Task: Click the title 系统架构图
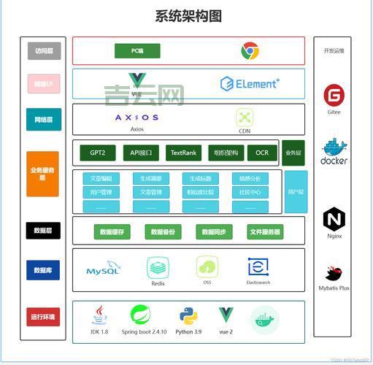[x=188, y=15]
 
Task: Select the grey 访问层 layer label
[x=42, y=51]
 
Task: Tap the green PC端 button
[x=136, y=51]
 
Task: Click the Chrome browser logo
[x=250, y=51]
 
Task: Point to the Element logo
[x=250, y=84]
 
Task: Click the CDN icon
[x=244, y=117]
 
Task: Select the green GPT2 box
[x=98, y=153]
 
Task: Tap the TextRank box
[x=182, y=153]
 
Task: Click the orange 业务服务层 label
[x=42, y=174]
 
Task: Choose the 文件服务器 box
[x=264, y=232]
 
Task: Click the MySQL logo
[x=102, y=270]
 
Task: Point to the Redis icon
[x=158, y=267]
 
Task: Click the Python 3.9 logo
[x=189, y=316]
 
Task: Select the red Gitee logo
[x=334, y=95]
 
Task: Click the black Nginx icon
[x=334, y=219]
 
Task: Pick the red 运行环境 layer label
[x=42, y=318]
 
